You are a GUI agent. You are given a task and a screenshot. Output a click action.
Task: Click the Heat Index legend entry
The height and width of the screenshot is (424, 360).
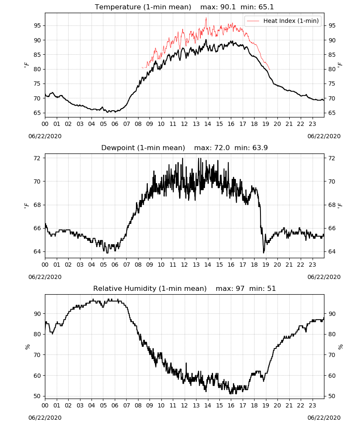coord(283,21)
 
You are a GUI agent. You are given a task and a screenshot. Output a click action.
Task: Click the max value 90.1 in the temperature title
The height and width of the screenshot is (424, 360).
coord(228,7)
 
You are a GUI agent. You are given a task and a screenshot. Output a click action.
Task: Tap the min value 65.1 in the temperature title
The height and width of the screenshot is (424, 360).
coord(266,7)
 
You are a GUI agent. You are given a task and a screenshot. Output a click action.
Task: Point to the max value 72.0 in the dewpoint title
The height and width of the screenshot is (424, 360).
coord(222,148)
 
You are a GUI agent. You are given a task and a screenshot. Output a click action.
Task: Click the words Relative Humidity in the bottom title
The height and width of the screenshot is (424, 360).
coord(125,288)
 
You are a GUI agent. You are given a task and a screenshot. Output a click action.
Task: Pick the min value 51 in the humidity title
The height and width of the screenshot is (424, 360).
coord(271,288)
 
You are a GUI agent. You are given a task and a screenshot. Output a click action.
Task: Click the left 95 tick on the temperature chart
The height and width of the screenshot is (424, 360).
coord(37,26)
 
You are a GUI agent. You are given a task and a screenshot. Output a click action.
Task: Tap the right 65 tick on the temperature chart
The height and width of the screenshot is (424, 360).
coord(332,113)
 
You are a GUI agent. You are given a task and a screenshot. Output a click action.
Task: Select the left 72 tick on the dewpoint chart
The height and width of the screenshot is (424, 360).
coord(37,158)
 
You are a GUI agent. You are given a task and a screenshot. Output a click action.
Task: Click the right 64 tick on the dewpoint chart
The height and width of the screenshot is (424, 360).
coord(332,251)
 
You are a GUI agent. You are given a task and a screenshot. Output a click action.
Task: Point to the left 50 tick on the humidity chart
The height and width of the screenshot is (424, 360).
coord(37,396)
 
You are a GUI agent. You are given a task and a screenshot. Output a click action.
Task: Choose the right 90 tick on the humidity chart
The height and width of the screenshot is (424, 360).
coord(332,314)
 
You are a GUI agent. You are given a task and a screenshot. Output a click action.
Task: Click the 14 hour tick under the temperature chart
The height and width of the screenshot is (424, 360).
coord(208,124)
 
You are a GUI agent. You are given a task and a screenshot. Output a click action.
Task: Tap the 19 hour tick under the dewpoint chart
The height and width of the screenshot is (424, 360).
coord(266,265)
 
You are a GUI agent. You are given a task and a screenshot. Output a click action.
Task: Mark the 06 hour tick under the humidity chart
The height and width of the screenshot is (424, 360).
coord(115,406)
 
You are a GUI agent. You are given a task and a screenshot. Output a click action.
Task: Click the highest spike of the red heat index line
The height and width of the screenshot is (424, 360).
coord(206,18)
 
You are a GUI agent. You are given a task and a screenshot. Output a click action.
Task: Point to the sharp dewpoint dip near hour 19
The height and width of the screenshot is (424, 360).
coord(263,252)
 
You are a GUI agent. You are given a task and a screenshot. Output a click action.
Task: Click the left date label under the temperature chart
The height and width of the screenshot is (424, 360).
coord(45,136)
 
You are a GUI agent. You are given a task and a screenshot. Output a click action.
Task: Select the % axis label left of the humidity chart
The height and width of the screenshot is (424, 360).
coord(27,347)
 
